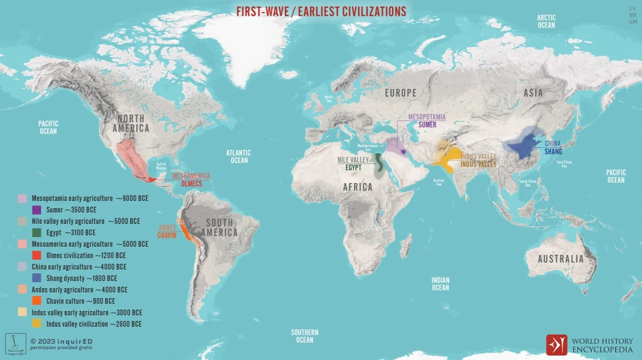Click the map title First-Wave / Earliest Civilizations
coord(321,12)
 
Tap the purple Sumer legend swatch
coord(36,210)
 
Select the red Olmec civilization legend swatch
coord(36,256)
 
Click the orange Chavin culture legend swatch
coord(36,301)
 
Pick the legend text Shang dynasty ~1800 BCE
coord(82,278)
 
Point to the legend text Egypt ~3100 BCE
coord(71,233)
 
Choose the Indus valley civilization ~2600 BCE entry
coord(94,324)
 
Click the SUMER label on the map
coord(427,125)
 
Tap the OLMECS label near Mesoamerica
coord(191,184)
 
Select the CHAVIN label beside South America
coord(167,235)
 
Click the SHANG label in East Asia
coord(553,152)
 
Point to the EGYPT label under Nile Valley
coord(353,168)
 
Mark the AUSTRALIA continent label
coord(560,259)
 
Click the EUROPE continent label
coord(401,93)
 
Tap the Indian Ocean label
coord(440,284)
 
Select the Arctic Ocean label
coord(546,22)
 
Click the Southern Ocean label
coord(304,336)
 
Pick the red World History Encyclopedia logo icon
coord(556,345)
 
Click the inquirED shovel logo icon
coord(15,344)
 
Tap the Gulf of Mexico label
coord(161,166)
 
